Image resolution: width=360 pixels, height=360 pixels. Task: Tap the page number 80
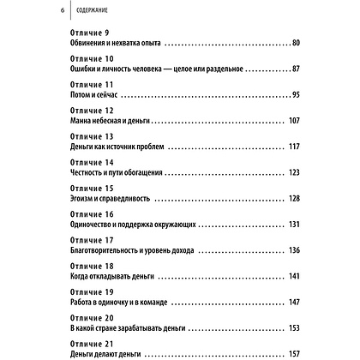pyautogui.click(x=296, y=43)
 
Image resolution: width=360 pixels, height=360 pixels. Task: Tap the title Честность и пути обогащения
pyautogui.click(x=122, y=172)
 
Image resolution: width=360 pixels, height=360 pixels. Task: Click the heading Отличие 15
pyautogui.click(x=89, y=187)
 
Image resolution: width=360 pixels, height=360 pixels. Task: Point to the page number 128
pyautogui.click(x=293, y=198)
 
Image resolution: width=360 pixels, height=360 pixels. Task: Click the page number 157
pyautogui.click(x=293, y=353)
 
